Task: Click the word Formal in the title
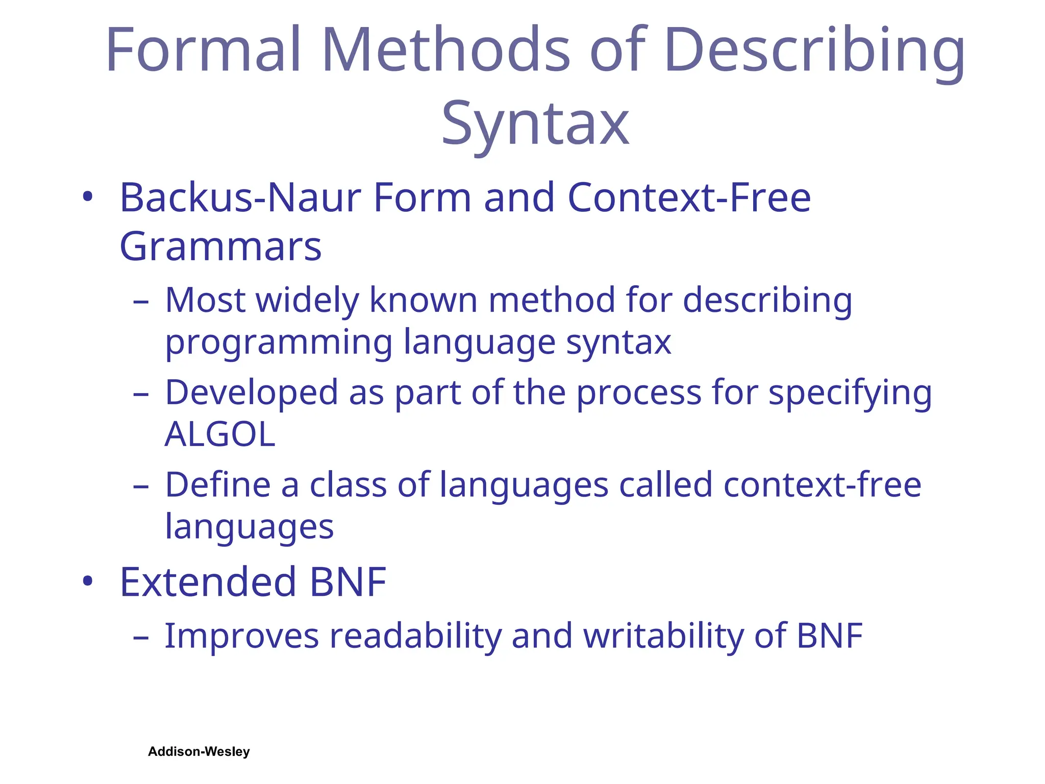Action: point(203,50)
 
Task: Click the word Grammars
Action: point(220,247)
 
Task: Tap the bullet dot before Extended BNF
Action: point(88,580)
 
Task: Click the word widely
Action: point(307,300)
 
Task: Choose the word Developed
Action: point(252,393)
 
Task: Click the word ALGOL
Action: point(220,435)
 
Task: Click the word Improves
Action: point(241,636)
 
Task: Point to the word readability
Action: point(416,637)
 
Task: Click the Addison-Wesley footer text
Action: point(199,751)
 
